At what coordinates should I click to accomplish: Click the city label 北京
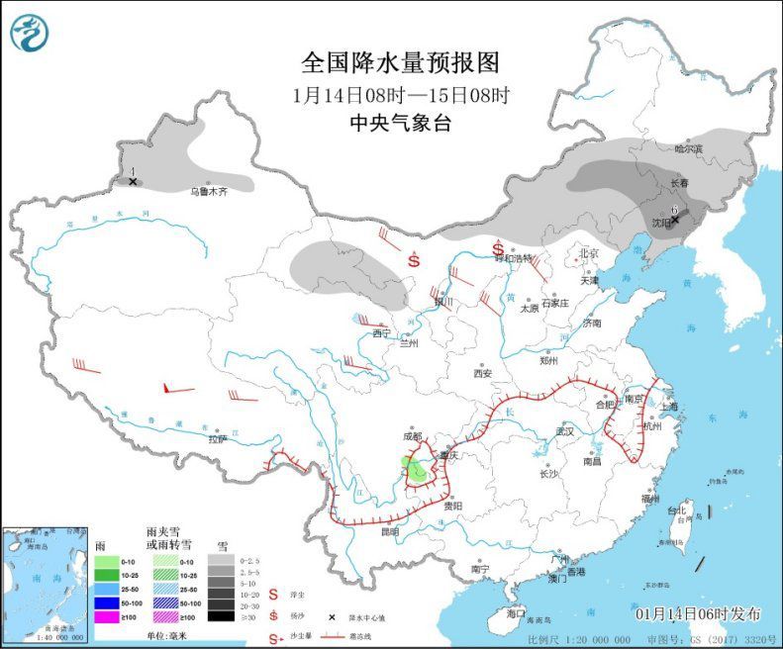(589, 253)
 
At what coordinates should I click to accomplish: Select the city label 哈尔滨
(688, 149)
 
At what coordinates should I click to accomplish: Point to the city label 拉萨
(218, 438)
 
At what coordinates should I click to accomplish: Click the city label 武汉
(565, 431)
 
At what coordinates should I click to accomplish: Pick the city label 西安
(482, 374)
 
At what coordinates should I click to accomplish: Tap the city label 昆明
(389, 532)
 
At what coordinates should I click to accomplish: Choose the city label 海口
(516, 613)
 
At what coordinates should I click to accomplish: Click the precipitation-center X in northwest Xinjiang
(133, 182)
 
